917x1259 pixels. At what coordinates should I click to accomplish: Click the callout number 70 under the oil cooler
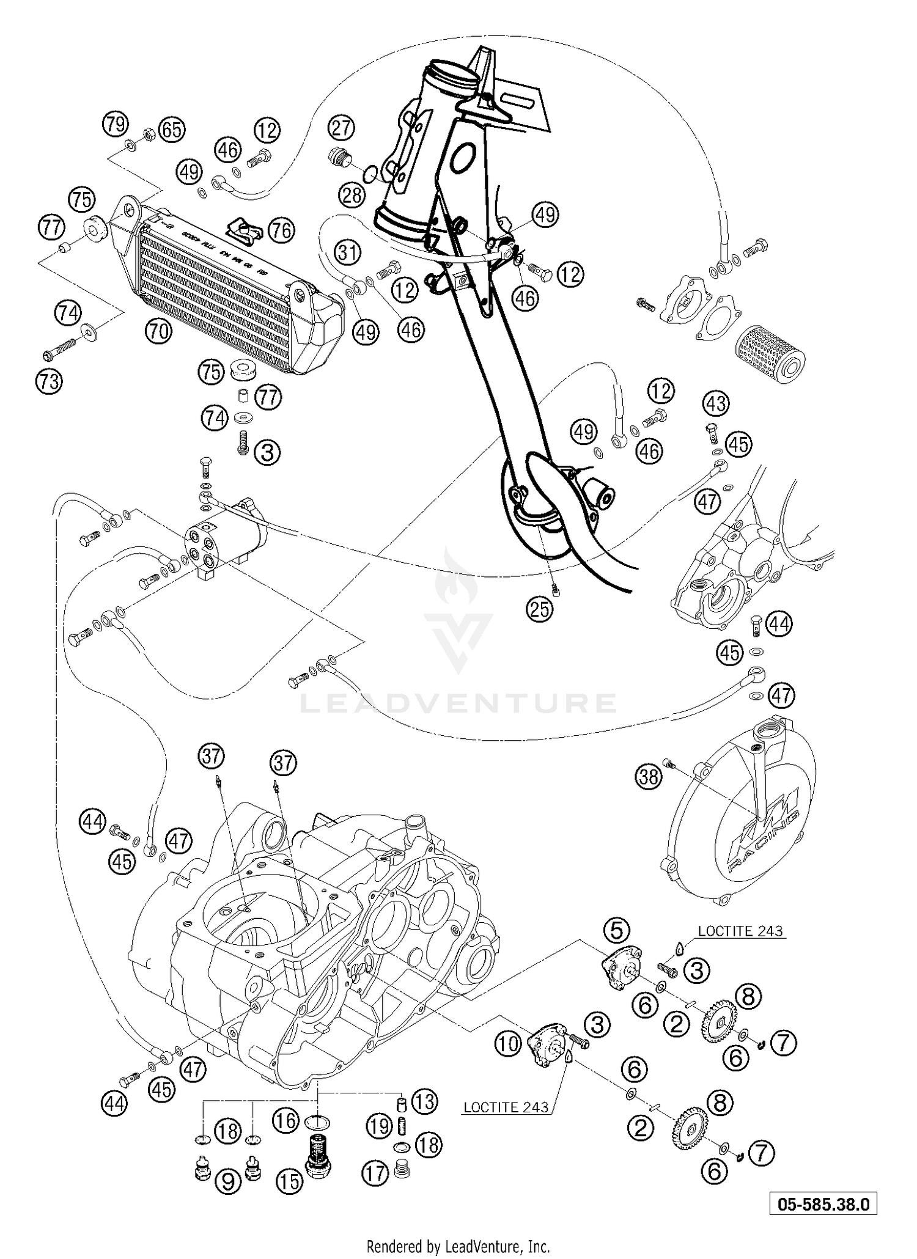pyautogui.click(x=158, y=332)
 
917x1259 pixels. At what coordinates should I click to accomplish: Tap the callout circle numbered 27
pyautogui.click(x=341, y=128)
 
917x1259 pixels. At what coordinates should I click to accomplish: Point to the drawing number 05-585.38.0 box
pyautogui.click(x=823, y=1204)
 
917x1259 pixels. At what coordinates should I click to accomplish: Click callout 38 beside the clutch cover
pyautogui.click(x=648, y=776)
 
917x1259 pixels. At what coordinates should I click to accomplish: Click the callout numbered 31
pyautogui.click(x=347, y=252)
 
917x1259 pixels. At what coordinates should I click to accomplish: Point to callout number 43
pyautogui.click(x=716, y=403)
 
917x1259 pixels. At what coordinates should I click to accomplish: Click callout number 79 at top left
pyautogui.click(x=114, y=124)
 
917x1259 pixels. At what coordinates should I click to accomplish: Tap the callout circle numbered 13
pyautogui.click(x=424, y=1101)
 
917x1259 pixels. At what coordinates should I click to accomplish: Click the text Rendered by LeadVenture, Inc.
pyautogui.click(x=458, y=1247)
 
